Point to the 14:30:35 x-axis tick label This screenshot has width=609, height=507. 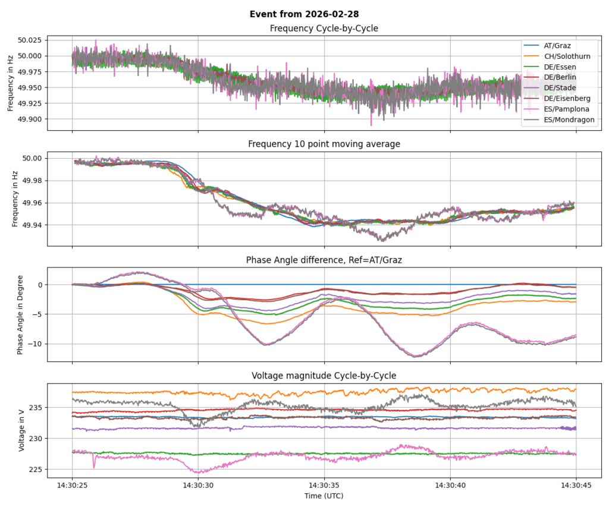point(324,484)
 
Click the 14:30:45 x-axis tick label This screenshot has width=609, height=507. point(576,484)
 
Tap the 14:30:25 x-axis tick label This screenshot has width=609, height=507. point(73,484)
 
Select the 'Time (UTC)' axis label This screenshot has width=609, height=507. point(324,495)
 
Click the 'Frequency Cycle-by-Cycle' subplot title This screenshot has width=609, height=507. point(324,29)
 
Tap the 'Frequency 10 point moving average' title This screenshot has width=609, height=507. point(324,144)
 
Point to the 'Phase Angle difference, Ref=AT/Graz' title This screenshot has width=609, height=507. point(324,260)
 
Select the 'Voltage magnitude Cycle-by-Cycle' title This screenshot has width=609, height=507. point(324,375)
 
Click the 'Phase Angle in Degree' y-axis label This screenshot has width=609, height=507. point(21,314)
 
